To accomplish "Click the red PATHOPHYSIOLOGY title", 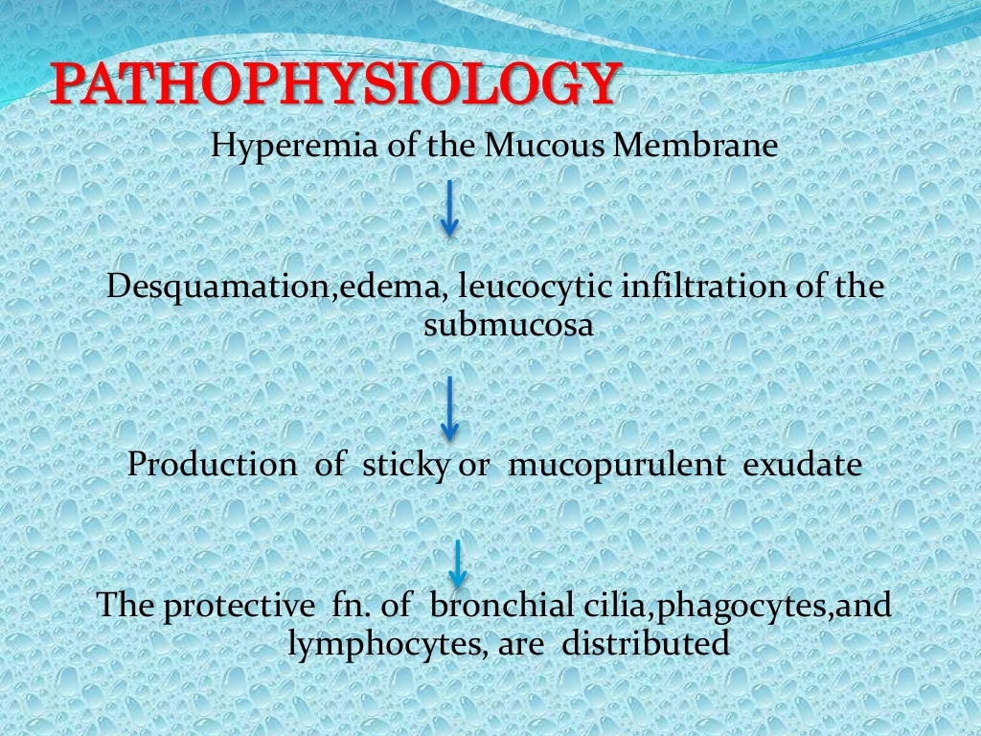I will tap(331, 84).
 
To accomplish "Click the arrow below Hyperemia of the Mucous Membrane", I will tap(449, 211).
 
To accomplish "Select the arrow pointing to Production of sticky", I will tap(449, 407).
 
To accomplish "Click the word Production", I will tap(212, 465).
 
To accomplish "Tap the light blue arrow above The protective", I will tap(458, 562).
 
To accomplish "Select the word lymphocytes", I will tap(377, 644).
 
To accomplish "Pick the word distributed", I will tap(646, 643).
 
